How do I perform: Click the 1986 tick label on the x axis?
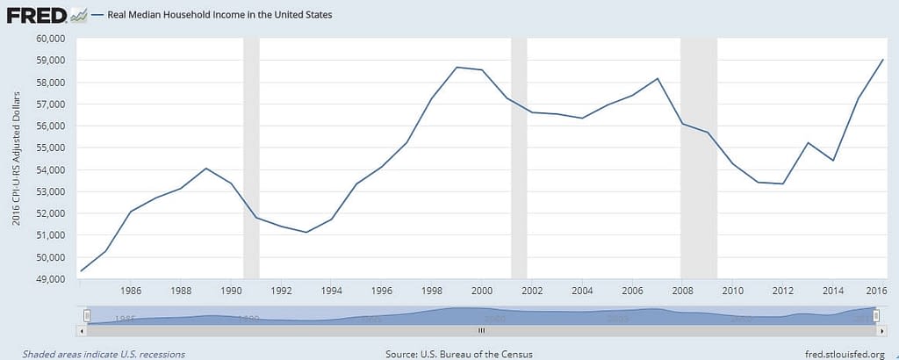(131, 292)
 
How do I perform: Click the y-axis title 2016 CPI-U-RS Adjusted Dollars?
(17, 158)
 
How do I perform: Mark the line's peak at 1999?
(457, 68)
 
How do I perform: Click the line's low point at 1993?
(306, 232)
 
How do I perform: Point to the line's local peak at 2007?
(658, 78)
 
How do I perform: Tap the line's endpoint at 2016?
(882, 60)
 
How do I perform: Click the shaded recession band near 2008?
(699, 158)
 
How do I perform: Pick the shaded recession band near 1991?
(251, 158)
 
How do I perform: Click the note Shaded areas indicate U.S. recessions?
(92, 354)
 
